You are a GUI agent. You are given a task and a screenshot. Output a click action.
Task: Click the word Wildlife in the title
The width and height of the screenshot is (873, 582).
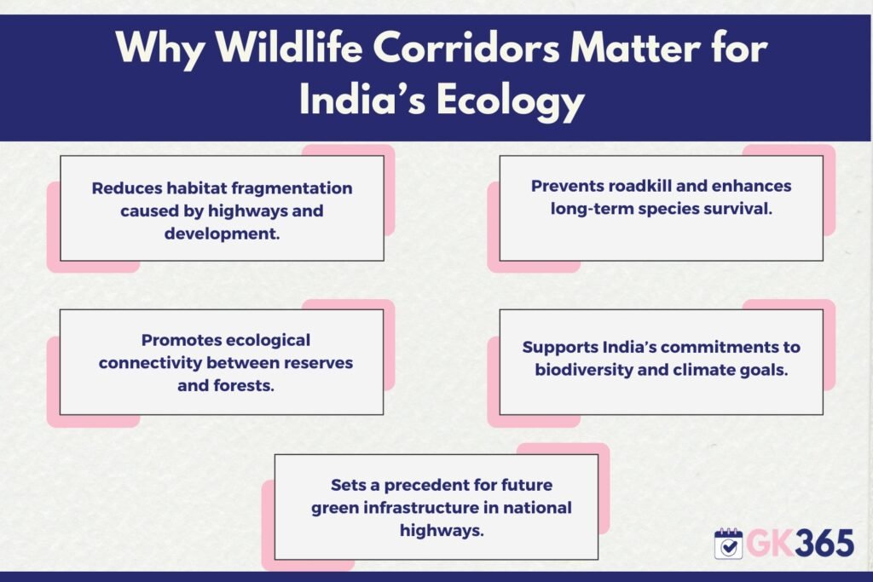pos(289,48)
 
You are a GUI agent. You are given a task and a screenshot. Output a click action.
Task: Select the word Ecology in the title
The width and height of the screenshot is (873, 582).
pos(510,101)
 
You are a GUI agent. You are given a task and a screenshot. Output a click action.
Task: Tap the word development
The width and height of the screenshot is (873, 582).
pos(222,233)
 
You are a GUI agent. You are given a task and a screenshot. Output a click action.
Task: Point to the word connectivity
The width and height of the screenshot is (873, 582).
pos(150,363)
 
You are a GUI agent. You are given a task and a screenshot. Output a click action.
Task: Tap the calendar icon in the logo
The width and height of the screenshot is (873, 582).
pos(728,544)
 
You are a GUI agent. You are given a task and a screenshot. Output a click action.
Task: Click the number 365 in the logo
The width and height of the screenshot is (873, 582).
pos(824,543)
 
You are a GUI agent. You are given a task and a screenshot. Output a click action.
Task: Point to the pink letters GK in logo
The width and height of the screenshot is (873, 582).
pos(770,543)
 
